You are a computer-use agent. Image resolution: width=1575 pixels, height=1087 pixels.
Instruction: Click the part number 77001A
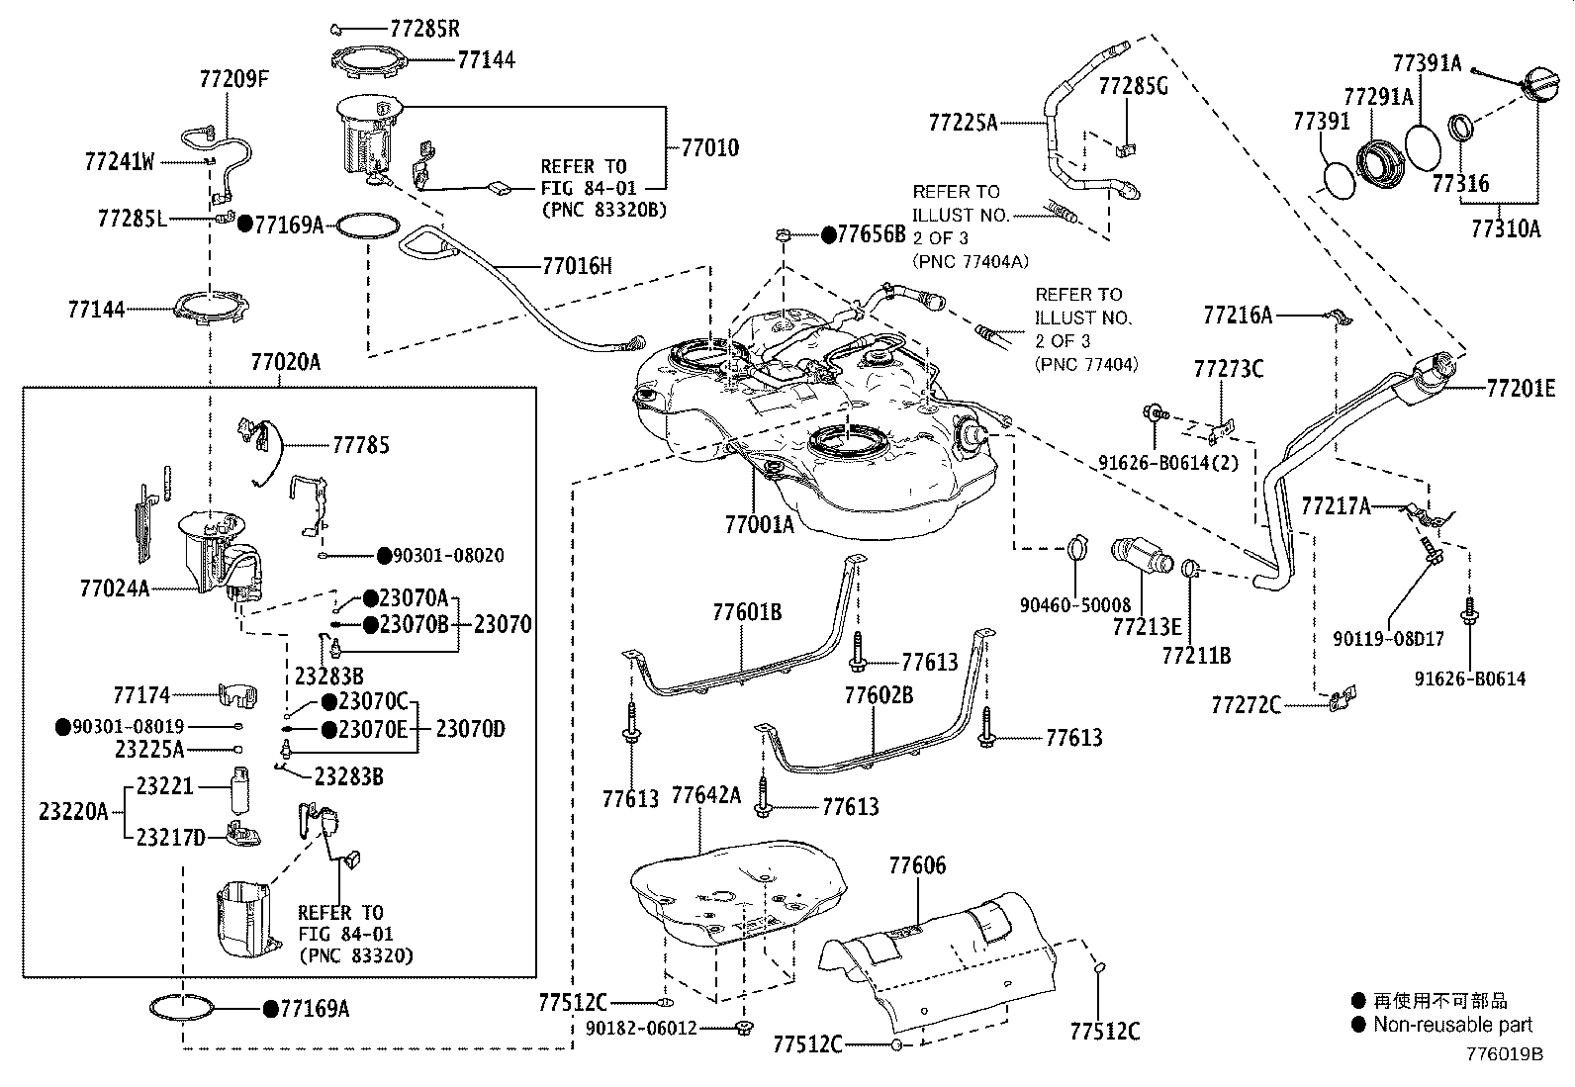click(759, 525)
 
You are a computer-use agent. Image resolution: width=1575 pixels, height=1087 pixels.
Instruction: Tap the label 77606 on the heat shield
click(917, 865)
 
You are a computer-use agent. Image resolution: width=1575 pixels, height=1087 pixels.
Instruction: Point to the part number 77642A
click(705, 796)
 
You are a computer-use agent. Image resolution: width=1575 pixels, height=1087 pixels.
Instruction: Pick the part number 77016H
click(577, 265)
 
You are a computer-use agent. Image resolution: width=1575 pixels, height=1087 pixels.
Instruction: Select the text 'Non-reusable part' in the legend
click(1452, 1025)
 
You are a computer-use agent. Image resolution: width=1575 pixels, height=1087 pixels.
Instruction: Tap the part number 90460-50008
click(1074, 605)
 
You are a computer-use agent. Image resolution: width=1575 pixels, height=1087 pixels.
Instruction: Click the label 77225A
click(963, 123)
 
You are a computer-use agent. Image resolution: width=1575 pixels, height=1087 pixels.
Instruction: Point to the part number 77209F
click(233, 78)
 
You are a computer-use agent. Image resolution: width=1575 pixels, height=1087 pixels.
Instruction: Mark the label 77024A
click(114, 589)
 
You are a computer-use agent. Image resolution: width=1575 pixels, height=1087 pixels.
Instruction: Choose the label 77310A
click(1506, 229)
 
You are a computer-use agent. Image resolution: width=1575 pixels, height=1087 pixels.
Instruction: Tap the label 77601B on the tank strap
click(747, 612)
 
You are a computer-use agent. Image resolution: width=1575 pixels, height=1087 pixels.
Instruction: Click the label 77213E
click(1147, 627)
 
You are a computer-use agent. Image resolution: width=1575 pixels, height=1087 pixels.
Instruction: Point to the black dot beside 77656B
click(828, 234)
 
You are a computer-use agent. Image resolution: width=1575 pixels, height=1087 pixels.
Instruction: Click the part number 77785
click(360, 445)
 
